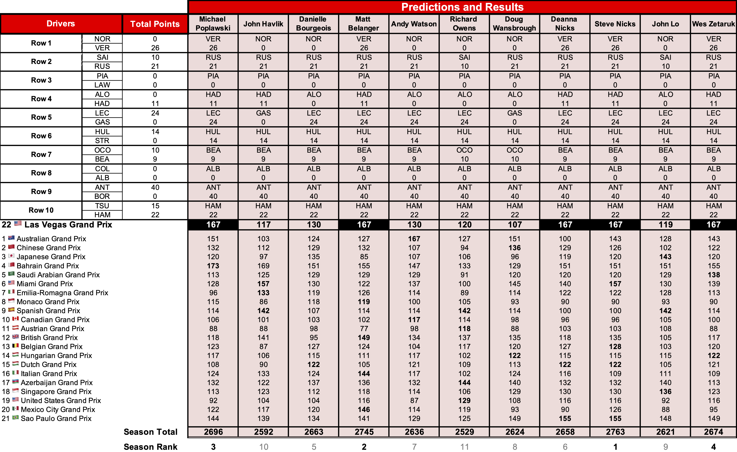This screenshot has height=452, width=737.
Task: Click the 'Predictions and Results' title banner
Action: pos(462,7)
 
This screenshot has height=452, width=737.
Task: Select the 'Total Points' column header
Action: pos(155,24)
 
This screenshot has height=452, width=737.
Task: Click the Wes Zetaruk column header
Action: pos(713,24)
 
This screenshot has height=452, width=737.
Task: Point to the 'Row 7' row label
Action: pos(41,155)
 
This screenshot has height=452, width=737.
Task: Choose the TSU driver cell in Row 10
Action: pos(102,206)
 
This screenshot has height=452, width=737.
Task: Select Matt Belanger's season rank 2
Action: pos(364,447)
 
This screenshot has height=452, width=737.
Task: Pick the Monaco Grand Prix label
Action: pos(48,302)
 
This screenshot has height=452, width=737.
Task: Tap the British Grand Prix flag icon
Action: pos(16,337)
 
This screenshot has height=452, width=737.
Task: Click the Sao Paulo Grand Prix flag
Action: pos(16,418)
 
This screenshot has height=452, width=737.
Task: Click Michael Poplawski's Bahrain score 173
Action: pos(213,266)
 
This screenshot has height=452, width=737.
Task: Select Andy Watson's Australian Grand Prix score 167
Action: pos(414,239)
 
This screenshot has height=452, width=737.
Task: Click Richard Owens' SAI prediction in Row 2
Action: pos(465,57)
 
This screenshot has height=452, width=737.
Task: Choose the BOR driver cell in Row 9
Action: pos(102,196)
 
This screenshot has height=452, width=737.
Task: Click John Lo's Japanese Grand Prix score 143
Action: pos(665,257)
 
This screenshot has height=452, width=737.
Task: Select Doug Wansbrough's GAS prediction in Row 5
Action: pos(515,113)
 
